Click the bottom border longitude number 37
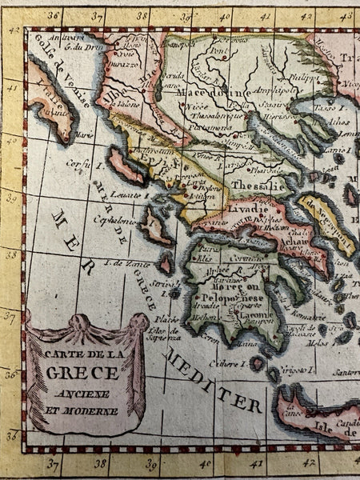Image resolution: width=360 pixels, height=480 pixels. pyautogui.click(x=54, y=462)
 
